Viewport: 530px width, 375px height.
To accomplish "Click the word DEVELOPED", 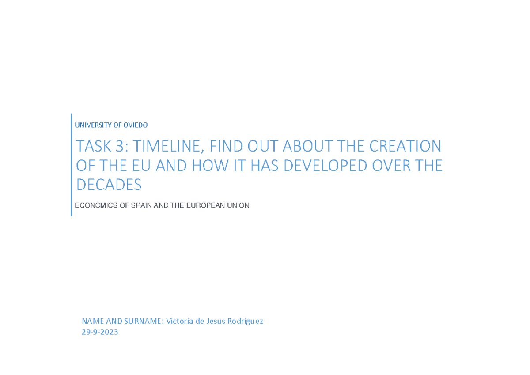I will (325, 166).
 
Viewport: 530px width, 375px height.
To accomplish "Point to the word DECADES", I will (109, 185).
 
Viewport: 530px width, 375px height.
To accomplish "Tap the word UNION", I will (238, 205).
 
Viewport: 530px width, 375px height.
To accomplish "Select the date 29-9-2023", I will (100, 332).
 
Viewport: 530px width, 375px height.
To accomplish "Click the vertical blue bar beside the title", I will (71, 165).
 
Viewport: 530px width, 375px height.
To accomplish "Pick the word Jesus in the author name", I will (216, 321).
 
